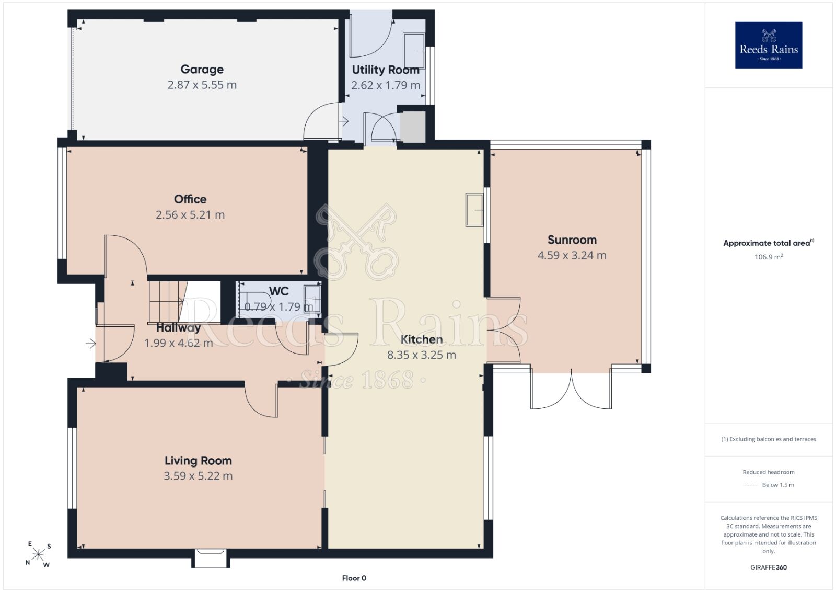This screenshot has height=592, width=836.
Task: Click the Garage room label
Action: coord(202,69)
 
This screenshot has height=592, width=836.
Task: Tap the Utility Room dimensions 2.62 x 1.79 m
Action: coord(386,85)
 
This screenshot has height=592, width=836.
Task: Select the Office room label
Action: coord(190,199)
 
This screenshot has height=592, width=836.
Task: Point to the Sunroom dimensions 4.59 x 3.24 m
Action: coord(572,256)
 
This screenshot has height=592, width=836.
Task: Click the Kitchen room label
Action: coord(421,339)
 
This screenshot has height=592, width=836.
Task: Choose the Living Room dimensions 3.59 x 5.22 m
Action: coord(198,476)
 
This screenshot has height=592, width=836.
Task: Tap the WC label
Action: coord(279,291)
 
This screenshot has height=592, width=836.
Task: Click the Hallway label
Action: coord(178,327)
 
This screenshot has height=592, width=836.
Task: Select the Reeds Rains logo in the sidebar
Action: coord(769,45)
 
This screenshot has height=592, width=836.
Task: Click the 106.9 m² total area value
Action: coord(769,257)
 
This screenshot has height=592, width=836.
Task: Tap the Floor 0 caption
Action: coord(354,578)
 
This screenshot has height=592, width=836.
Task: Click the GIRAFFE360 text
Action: coord(769,567)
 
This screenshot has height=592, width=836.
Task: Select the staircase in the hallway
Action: coord(168,302)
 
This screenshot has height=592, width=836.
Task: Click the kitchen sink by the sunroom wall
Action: coord(474,210)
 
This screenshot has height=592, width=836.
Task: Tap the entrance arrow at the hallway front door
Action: coord(91,343)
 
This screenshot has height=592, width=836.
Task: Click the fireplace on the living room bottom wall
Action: coord(211,557)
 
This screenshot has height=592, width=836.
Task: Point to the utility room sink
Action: coord(414,51)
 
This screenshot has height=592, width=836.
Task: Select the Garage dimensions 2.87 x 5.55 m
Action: coord(202,85)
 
